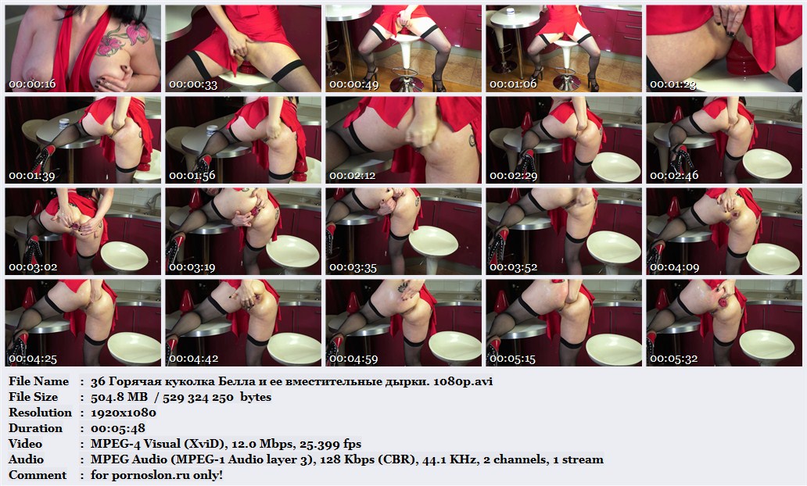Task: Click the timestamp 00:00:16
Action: click(x=32, y=84)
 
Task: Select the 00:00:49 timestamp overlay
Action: click(x=353, y=84)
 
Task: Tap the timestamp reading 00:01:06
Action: click(x=513, y=84)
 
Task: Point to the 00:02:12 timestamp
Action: click(x=353, y=176)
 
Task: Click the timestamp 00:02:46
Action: click(x=674, y=176)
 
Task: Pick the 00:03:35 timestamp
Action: click(x=353, y=267)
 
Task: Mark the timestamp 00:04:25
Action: click(x=33, y=359)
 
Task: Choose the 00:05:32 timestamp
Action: click(x=674, y=359)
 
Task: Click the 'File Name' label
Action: click(x=38, y=381)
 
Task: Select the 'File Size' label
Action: click(x=34, y=397)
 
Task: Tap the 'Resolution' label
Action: click(x=40, y=413)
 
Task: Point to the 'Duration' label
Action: click(x=35, y=428)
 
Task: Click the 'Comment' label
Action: click(x=38, y=475)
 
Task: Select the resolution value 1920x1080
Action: click(x=124, y=413)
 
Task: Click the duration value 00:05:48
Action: click(x=118, y=428)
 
